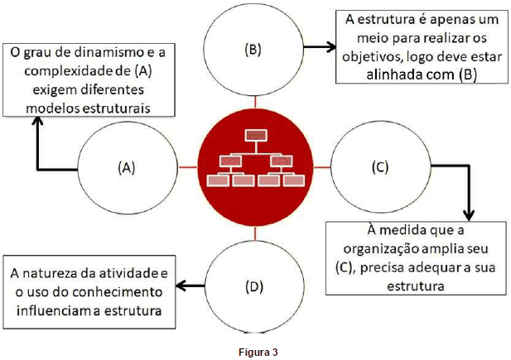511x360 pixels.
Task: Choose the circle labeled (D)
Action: pyautogui.click(x=253, y=286)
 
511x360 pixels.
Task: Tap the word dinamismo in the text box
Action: pyautogui.click(x=102, y=53)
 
